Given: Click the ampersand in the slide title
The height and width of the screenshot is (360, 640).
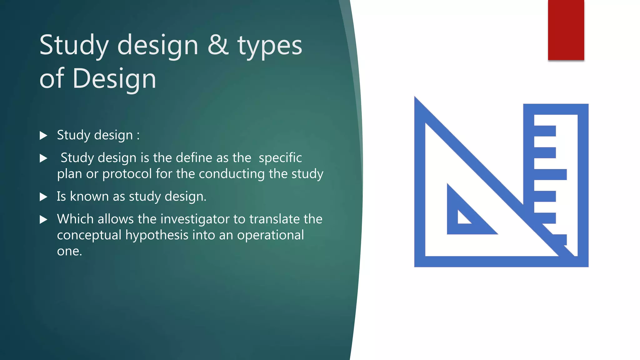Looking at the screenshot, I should point(218,45).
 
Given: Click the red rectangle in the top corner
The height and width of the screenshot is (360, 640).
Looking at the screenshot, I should point(566,30).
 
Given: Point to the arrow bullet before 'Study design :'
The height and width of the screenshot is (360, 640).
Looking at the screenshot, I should point(43,136).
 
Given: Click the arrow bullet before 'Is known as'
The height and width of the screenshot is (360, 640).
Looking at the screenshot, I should point(43,197).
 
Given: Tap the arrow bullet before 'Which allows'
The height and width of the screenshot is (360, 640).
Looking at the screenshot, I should point(43,220).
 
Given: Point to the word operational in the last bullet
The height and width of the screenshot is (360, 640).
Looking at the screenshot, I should point(270,235).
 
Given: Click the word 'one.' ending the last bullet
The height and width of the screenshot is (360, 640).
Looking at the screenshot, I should point(69,251).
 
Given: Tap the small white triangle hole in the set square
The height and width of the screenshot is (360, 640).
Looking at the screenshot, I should point(462,218).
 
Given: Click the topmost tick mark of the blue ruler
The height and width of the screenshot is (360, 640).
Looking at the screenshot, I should point(545,131).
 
